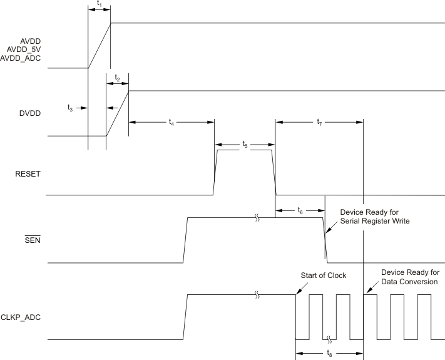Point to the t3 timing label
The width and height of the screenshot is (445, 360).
click(71, 108)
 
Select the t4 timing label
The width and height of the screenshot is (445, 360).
click(171, 123)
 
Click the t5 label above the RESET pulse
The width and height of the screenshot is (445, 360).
click(245, 145)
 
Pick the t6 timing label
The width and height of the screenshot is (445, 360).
click(300, 211)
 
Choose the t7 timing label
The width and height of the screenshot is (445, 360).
click(320, 123)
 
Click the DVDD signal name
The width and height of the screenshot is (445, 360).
click(29, 113)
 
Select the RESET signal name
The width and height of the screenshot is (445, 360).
click(28, 174)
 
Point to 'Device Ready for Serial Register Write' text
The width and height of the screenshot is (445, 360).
click(374, 217)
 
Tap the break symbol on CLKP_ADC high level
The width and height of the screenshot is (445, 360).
click(256, 294)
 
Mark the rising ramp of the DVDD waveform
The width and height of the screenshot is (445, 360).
click(118, 113)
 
